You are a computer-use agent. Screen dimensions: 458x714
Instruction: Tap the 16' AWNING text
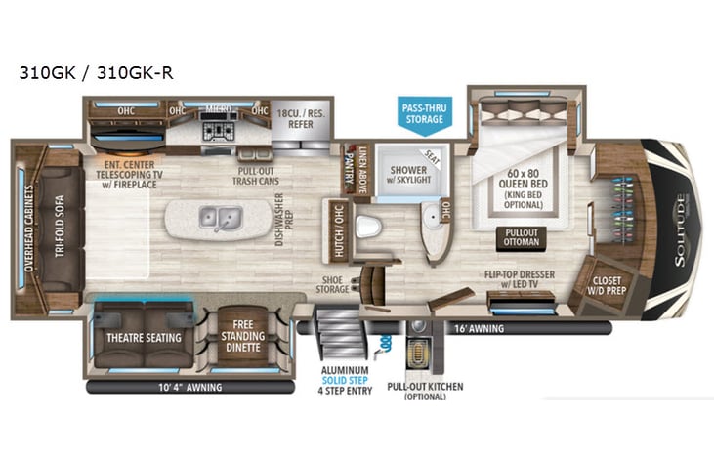479,329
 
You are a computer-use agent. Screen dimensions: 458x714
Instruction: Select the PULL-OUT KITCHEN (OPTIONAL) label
425,392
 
